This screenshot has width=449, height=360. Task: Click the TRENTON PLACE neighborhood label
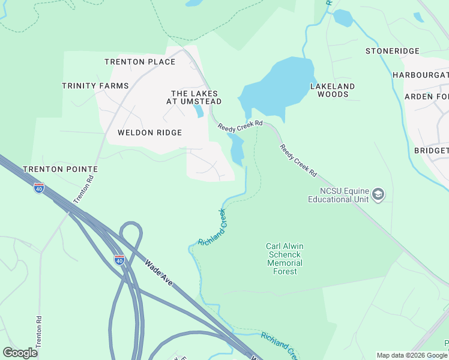coord(140,62)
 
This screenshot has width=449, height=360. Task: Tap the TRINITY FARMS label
coord(95,86)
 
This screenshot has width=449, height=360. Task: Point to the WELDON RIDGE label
coord(149,133)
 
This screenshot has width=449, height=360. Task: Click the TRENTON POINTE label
coord(60,169)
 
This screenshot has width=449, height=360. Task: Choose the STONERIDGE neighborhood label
coord(393,51)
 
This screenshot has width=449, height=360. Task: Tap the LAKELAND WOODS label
coord(333,90)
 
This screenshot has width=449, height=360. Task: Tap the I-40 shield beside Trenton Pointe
coord(39,187)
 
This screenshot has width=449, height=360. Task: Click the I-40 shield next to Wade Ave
coord(119,260)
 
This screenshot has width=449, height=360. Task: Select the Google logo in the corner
coord(20,352)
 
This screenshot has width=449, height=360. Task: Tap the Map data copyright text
coord(412,355)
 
